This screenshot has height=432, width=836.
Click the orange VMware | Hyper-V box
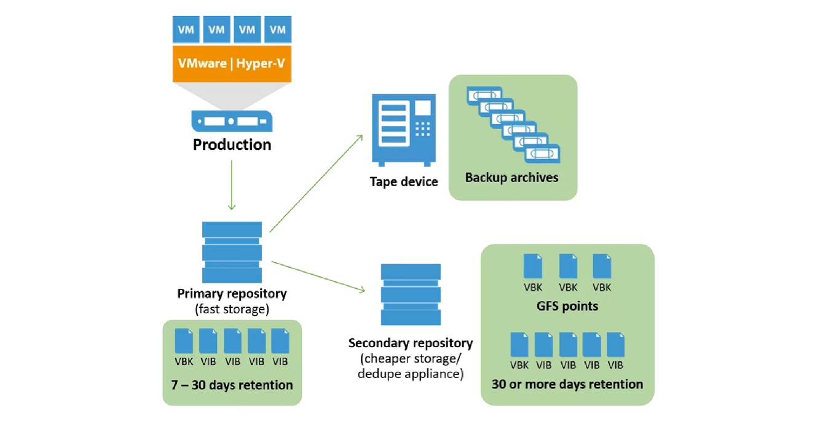coord(232,64)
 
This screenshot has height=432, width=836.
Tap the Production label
coord(232,145)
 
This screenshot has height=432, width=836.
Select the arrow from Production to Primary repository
coord(231,185)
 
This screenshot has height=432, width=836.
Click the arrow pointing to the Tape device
coord(316,183)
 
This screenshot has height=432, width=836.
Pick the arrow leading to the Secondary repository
coord(318,277)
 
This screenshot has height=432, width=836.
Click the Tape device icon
coord(404,130)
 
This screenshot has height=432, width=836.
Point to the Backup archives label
coord(511,178)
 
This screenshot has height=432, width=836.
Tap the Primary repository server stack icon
coord(232,252)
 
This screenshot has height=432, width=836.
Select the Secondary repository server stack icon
coord(411,294)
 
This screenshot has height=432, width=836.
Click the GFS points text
coord(567,306)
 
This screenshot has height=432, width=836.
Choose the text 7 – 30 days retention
coord(232,385)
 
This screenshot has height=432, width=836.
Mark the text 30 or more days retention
coord(567,384)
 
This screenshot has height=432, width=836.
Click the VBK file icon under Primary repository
coord(184,341)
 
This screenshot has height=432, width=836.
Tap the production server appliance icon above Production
coord(232,121)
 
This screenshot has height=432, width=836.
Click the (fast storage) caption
coord(232,309)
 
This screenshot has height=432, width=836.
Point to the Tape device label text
coord(404,182)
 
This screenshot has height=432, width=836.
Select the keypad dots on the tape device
coord(423,129)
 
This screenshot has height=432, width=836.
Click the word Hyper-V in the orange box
coord(261,64)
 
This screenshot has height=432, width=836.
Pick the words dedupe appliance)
coord(411,374)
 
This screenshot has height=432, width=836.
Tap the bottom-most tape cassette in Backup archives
coord(542,154)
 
